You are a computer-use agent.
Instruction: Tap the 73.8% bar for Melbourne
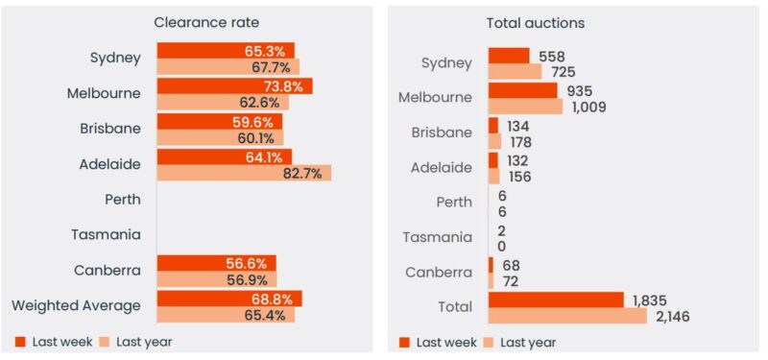pyautogui.click(x=234, y=86)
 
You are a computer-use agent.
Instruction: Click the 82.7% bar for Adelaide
pyautogui.click(x=244, y=173)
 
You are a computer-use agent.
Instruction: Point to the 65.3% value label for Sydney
pyautogui.click(x=272, y=51)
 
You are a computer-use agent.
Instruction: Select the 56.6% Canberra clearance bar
pyautogui.click(x=216, y=263)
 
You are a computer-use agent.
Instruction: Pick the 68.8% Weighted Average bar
pyautogui.click(x=229, y=299)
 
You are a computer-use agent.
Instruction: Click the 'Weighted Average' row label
pyautogui.click(x=76, y=306)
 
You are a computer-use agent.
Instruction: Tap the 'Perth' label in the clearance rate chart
pyautogui.click(x=123, y=200)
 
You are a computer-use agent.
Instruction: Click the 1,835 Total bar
pyautogui.click(x=556, y=300)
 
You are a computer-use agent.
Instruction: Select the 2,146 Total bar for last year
pyautogui.click(x=567, y=316)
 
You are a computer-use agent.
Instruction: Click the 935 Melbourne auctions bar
pyautogui.click(x=522, y=90)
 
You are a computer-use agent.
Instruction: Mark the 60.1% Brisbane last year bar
pyautogui.click(x=220, y=138)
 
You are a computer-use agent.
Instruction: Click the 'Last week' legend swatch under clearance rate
pyautogui.click(x=21, y=342)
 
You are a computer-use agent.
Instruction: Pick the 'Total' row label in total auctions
pyautogui.click(x=453, y=307)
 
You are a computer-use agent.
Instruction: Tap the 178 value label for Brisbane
pyautogui.click(x=520, y=142)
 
